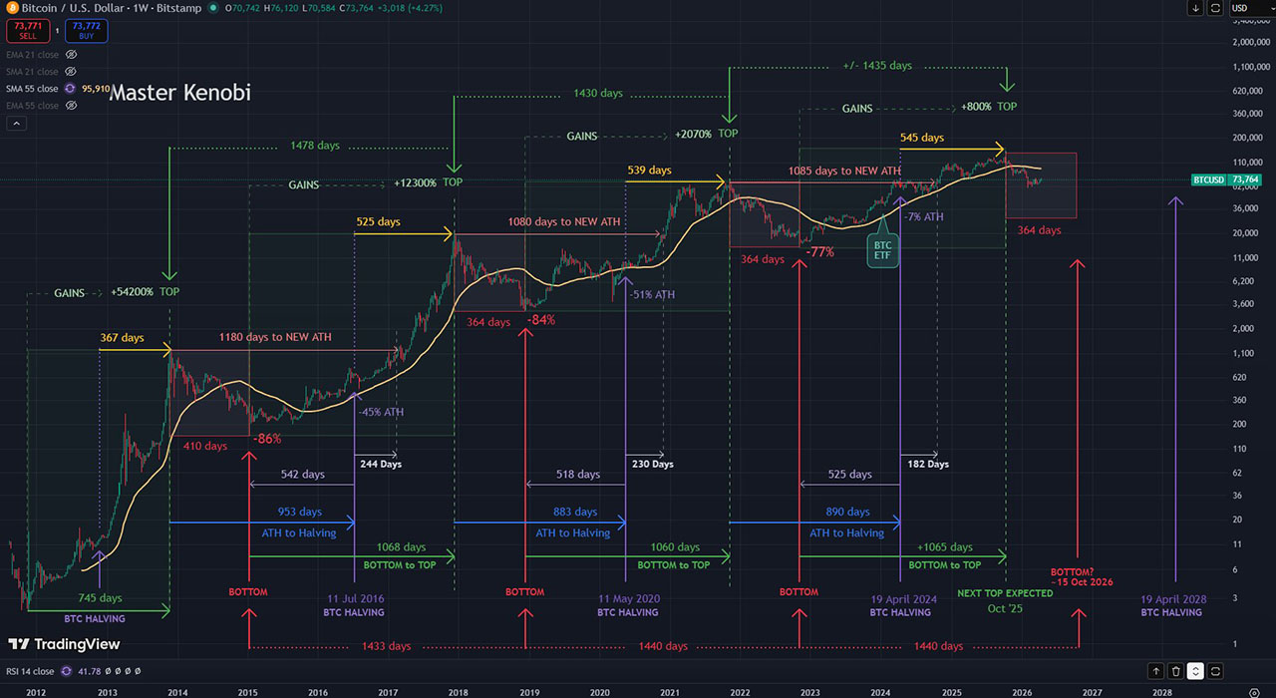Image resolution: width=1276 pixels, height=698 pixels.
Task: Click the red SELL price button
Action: coord(28,31)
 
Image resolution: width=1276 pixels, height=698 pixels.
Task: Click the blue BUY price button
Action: coord(87,31)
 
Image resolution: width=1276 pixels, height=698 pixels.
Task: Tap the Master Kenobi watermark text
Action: coord(179,93)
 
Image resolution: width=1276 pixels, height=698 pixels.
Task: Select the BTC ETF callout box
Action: coord(882,250)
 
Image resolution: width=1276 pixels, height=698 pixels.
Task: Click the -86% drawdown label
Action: coord(266,438)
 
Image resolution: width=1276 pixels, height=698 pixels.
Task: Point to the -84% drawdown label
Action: coord(541,320)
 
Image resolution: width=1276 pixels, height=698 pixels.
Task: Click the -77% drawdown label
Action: coord(819,252)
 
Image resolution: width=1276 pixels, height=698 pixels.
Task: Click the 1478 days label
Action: coord(315,146)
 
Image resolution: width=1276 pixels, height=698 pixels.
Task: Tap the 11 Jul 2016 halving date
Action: coord(355,599)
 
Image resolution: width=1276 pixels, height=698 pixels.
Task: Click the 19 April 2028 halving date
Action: coord(1174,599)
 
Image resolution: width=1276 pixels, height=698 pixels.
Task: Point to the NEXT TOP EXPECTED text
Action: coord(1005,593)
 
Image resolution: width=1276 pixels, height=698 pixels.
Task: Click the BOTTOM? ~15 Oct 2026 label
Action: coord(1081,577)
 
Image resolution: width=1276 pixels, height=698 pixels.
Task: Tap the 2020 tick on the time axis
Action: coord(599,691)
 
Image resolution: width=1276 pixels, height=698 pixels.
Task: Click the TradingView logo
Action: coord(65,644)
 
